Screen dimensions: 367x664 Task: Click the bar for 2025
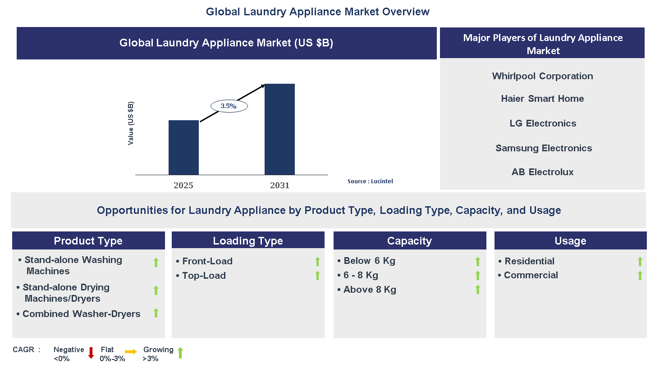183,147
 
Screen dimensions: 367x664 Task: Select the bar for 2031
279,129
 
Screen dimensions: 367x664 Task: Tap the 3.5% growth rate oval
229,106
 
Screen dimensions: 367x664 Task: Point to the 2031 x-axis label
279,186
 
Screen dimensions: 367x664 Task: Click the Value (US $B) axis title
131,123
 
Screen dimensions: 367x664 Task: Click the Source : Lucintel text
370,181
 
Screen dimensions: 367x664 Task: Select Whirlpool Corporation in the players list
542,76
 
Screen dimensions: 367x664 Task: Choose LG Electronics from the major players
542,123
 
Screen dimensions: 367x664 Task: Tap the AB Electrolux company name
542,172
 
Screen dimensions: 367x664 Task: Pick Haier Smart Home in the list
542,99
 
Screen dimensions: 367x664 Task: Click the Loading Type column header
248,241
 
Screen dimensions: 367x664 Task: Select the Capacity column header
409,241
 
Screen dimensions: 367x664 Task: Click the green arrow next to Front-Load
317,262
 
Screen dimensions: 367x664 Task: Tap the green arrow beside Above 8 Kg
478,290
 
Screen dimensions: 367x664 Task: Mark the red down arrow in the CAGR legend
91,353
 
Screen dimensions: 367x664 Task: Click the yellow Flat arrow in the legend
131,352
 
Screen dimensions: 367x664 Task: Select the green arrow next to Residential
640,262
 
